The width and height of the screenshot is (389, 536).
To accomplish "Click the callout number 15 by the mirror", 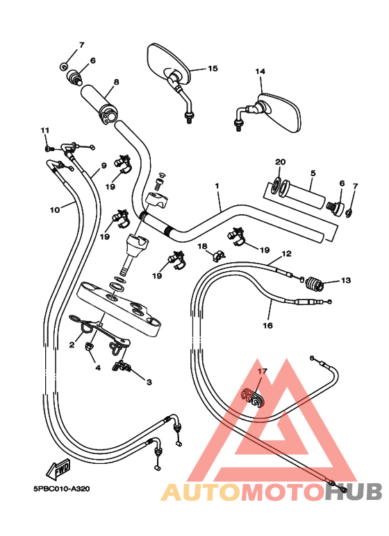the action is [x=213, y=69].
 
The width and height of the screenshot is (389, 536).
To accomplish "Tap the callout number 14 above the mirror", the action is [x=260, y=71].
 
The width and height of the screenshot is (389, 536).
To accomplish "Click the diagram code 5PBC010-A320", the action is [x=62, y=489].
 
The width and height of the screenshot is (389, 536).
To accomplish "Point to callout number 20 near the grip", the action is [x=281, y=162].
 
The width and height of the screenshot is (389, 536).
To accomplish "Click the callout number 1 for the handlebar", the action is [x=217, y=186].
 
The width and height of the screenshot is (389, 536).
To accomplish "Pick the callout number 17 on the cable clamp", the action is [x=262, y=371].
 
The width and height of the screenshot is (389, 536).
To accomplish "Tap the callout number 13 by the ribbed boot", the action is [x=346, y=280].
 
